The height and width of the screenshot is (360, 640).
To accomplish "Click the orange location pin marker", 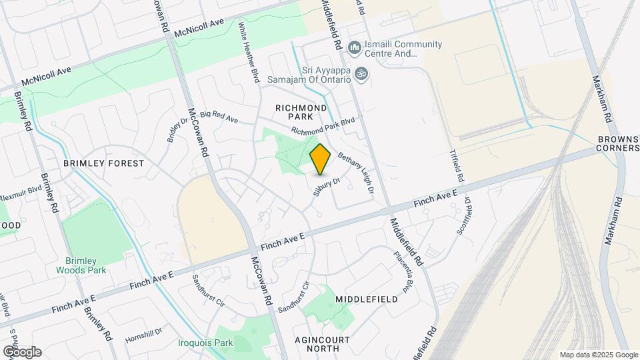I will (x=321, y=159).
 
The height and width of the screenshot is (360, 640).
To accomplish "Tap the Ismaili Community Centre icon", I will (x=354, y=48).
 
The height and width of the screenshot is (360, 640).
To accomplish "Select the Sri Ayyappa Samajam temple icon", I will (x=361, y=73).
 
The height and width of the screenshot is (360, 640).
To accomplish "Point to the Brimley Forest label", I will (x=103, y=163).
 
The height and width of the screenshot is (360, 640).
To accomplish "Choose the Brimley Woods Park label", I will (x=86, y=266).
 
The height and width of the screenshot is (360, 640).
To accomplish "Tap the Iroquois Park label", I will (x=206, y=343).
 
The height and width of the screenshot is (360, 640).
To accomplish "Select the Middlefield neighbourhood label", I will (x=367, y=299).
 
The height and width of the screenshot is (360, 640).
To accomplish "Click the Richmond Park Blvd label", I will (x=323, y=126).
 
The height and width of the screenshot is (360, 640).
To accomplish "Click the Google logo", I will (x=22, y=351).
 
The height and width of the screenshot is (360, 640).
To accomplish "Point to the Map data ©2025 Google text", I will (x=598, y=355).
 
